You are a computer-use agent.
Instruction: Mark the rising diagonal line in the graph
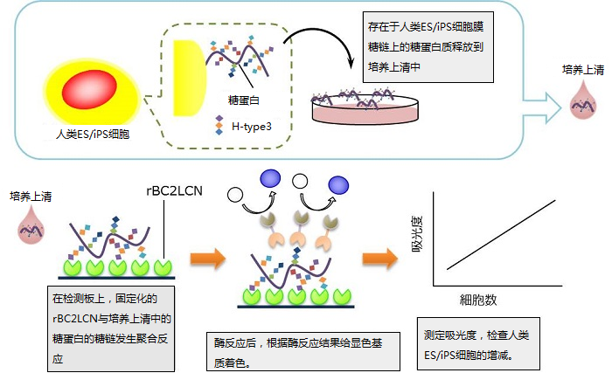(x=500, y=234)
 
